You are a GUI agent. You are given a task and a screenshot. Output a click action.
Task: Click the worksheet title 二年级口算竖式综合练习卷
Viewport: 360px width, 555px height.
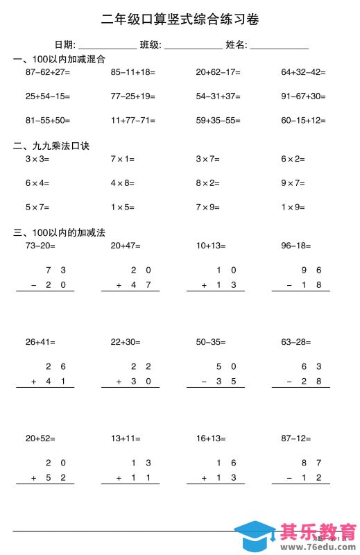(180, 19)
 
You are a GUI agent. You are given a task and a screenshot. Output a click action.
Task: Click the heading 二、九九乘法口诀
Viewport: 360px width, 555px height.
(51, 146)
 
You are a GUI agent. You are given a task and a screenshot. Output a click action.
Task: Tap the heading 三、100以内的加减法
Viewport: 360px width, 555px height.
(59, 232)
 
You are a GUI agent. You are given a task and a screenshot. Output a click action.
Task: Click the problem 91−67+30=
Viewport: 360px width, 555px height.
(303, 96)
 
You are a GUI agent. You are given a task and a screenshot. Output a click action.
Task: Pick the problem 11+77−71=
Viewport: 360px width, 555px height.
(133, 121)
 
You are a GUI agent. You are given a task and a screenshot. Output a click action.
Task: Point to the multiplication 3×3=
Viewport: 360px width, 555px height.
(37, 159)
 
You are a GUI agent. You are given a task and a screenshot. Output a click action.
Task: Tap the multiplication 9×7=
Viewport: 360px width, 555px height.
(293, 183)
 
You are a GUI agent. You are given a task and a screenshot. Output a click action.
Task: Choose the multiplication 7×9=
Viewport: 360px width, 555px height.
(207, 207)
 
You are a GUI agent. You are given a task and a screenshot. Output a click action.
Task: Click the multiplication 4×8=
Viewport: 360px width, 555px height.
(123, 183)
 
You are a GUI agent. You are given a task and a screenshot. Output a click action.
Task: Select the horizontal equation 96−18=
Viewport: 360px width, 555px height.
(295, 245)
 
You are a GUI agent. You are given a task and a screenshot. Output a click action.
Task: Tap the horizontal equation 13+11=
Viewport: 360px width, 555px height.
(125, 438)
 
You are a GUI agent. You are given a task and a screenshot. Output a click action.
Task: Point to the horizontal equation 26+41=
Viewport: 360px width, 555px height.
(40, 342)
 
